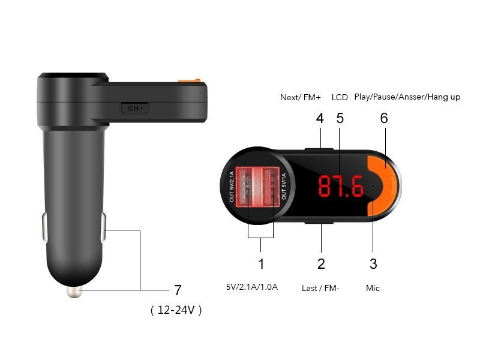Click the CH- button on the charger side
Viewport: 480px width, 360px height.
coord(136,109)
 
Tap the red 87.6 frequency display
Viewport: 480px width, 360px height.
coord(340,187)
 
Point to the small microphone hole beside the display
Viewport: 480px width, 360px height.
coord(373,186)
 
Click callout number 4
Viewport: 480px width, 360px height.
coord(320,118)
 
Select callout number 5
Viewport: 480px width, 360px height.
coord(340,118)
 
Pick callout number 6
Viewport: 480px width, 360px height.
coord(384,118)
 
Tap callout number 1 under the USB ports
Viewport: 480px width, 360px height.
coord(261,263)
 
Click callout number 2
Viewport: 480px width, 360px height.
coord(321,263)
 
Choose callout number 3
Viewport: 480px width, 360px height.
coord(373,263)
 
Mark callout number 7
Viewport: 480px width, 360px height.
coord(178,290)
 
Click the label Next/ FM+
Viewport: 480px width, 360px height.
coord(301,97)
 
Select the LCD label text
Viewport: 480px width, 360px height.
coord(340,97)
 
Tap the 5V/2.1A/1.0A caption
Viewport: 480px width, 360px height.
coord(251,287)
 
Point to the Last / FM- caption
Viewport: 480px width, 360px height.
coord(320,288)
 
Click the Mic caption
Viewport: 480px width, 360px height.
coord(373,288)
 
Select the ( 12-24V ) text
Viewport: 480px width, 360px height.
coord(176,310)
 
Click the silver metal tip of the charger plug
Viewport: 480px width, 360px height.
coord(74,292)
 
